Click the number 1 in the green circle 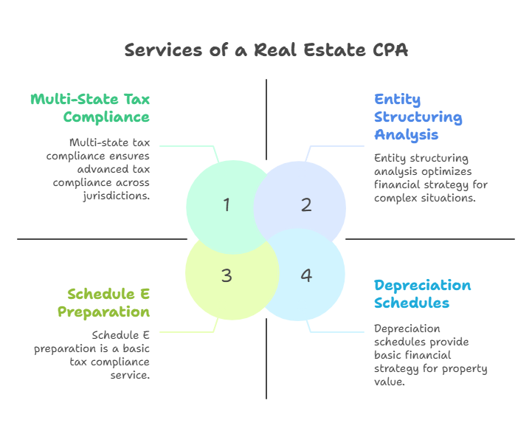pos(227,205)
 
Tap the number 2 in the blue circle pos(306,205)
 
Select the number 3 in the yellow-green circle pos(227,275)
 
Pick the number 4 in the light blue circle pos(306,275)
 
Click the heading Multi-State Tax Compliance pos(90,108)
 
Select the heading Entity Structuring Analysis pos(418,117)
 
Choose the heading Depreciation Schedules pos(422,294)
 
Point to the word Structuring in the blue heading pos(418,117)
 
